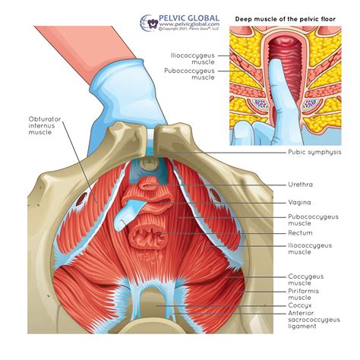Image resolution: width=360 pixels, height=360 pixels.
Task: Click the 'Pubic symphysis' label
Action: [x=314, y=152]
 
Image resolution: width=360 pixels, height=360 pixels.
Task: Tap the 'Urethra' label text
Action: [x=300, y=184]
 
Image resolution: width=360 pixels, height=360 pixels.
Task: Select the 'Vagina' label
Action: [x=299, y=202]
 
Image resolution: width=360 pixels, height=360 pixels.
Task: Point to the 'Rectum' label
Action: [x=300, y=232]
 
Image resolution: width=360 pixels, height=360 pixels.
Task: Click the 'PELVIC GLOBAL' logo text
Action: [x=189, y=17]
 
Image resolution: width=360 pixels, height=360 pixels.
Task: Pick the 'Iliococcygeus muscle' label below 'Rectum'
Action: [x=308, y=251]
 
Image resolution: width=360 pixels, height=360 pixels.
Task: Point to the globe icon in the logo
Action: [x=150, y=21]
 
